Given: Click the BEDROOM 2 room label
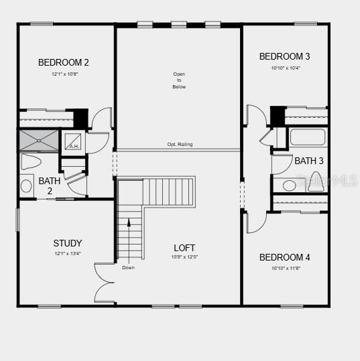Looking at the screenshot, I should pos(64,62).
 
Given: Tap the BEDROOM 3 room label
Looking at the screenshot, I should pos(284,56).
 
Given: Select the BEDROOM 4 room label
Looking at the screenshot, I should pos(284,257).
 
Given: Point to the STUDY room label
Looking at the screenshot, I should pos(68,243).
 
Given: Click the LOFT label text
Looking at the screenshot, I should pos(184,248).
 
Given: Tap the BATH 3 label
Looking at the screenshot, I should pos(308,161).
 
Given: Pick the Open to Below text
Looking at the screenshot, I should pos(179,80).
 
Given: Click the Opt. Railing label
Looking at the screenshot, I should pos(180,145).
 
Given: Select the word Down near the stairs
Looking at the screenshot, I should pos(129,267).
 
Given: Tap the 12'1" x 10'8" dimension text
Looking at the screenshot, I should pos(64,74).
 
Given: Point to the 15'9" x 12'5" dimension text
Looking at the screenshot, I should pos(184,257).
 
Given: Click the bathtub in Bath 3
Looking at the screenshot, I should pos(307,137).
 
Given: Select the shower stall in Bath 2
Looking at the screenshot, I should pos(38,141).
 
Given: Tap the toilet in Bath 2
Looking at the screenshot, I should pos(31,161).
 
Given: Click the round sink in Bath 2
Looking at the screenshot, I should pos(27,186).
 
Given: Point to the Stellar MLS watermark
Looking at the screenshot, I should pos(326,181).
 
